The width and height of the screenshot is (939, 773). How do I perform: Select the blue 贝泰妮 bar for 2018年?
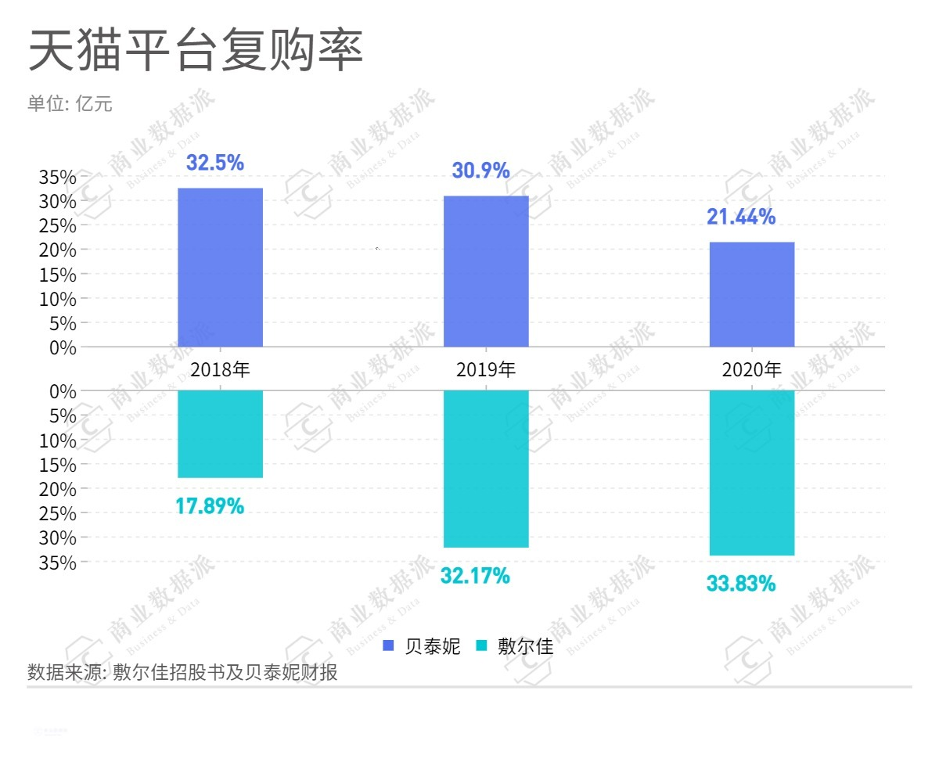220,268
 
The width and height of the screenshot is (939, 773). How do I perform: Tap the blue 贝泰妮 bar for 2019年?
486,271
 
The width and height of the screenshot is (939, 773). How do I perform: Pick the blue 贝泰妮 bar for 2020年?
752,294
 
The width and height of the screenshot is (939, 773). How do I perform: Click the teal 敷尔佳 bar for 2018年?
220,433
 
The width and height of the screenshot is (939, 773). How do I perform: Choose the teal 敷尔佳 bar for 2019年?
486,469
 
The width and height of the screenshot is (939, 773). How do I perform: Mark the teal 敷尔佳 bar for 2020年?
752,473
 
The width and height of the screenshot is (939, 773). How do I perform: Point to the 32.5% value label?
215,163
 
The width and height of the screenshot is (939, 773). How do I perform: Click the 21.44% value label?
741,217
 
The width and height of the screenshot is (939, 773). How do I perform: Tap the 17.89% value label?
210,506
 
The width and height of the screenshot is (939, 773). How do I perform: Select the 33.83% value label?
741,583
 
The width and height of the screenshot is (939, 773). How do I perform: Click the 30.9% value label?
481,170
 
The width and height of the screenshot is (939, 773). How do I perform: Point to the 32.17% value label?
475,577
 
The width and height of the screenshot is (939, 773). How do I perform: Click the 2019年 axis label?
486,369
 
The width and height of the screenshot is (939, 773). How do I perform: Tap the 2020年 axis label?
752,369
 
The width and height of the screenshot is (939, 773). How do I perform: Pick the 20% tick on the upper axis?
58,250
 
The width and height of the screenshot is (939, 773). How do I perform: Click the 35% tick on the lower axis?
58,563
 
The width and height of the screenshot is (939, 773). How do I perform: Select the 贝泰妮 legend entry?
423,646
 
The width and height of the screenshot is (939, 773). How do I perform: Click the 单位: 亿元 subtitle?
70,104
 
